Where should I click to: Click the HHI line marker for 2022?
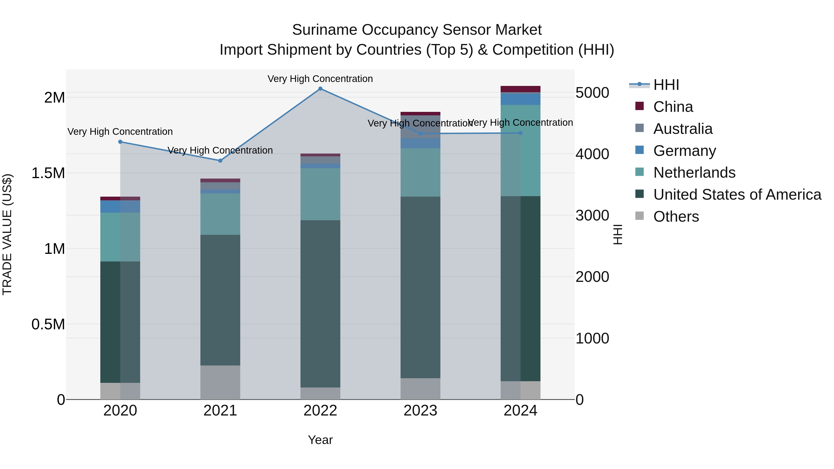(320, 89)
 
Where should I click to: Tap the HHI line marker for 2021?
(220, 161)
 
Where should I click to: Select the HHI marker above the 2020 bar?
(120, 142)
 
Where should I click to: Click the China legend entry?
(673, 107)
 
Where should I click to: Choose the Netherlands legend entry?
(694, 173)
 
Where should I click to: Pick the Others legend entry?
(676, 217)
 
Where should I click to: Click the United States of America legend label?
(737, 195)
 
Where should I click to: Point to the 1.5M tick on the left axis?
(48, 173)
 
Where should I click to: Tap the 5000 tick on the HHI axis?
(592, 93)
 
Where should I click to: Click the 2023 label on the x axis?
(420, 411)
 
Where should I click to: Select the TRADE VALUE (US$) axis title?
(7, 234)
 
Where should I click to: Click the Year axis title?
(320, 440)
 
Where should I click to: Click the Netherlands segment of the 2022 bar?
(320, 194)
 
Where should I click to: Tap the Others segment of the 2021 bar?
(220, 382)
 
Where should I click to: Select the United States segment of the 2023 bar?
(420, 287)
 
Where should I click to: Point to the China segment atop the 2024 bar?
(520, 89)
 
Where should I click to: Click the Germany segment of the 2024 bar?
(520, 99)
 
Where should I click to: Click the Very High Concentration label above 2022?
(320, 79)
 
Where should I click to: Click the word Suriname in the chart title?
(325, 30)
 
